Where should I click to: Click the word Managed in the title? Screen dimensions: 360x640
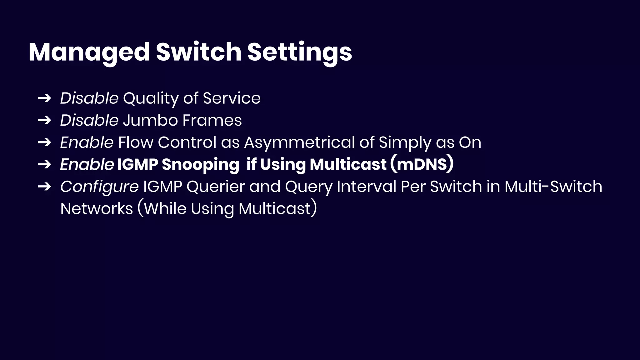89,52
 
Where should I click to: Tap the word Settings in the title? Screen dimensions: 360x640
300,52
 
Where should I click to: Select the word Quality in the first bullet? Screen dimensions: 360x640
151,98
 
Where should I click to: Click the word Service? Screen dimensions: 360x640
232,98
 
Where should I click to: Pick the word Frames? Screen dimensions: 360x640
212,120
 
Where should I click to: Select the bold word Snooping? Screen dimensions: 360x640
200,165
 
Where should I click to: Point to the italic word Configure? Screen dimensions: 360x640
99,187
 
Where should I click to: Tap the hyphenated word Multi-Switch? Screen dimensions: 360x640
553,187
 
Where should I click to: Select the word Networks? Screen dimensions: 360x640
97,208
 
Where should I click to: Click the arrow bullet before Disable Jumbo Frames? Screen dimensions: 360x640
44,120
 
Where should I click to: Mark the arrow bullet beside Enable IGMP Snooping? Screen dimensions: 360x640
44,164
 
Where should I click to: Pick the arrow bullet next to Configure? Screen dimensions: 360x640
44,187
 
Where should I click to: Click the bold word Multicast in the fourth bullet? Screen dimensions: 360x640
348,164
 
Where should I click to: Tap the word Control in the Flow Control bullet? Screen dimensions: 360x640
187,142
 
